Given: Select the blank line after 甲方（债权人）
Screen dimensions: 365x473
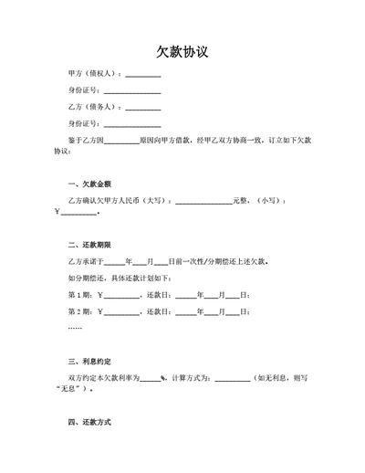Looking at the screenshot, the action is click(142, 76).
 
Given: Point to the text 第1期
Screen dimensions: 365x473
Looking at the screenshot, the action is click(80, 294).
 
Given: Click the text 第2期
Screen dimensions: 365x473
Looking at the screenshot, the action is click(80, 311).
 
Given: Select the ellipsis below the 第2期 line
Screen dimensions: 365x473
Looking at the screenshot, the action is click(75, 327).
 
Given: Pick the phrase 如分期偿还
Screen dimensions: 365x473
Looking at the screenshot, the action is click(88, 278).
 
